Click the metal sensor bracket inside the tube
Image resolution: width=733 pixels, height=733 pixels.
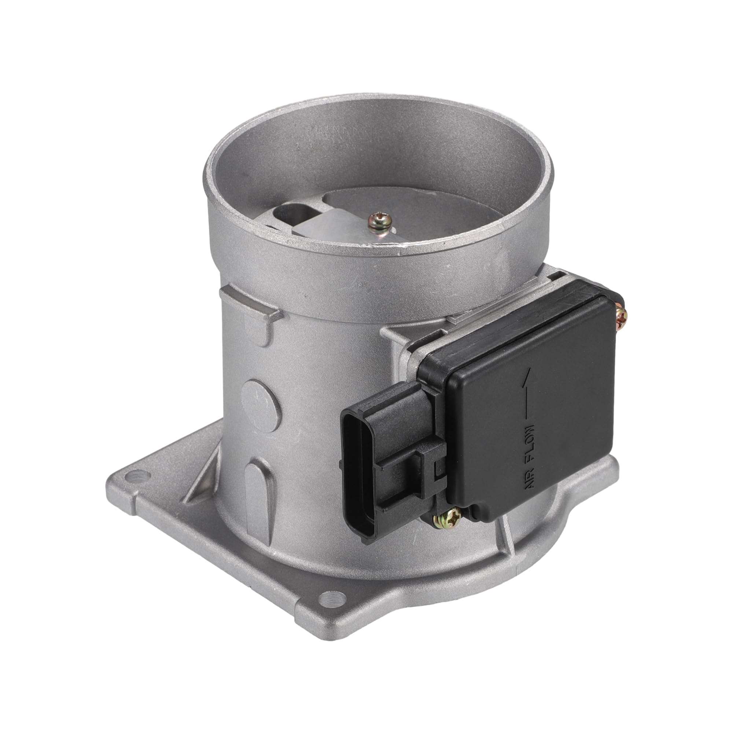(x=334, y=224)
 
